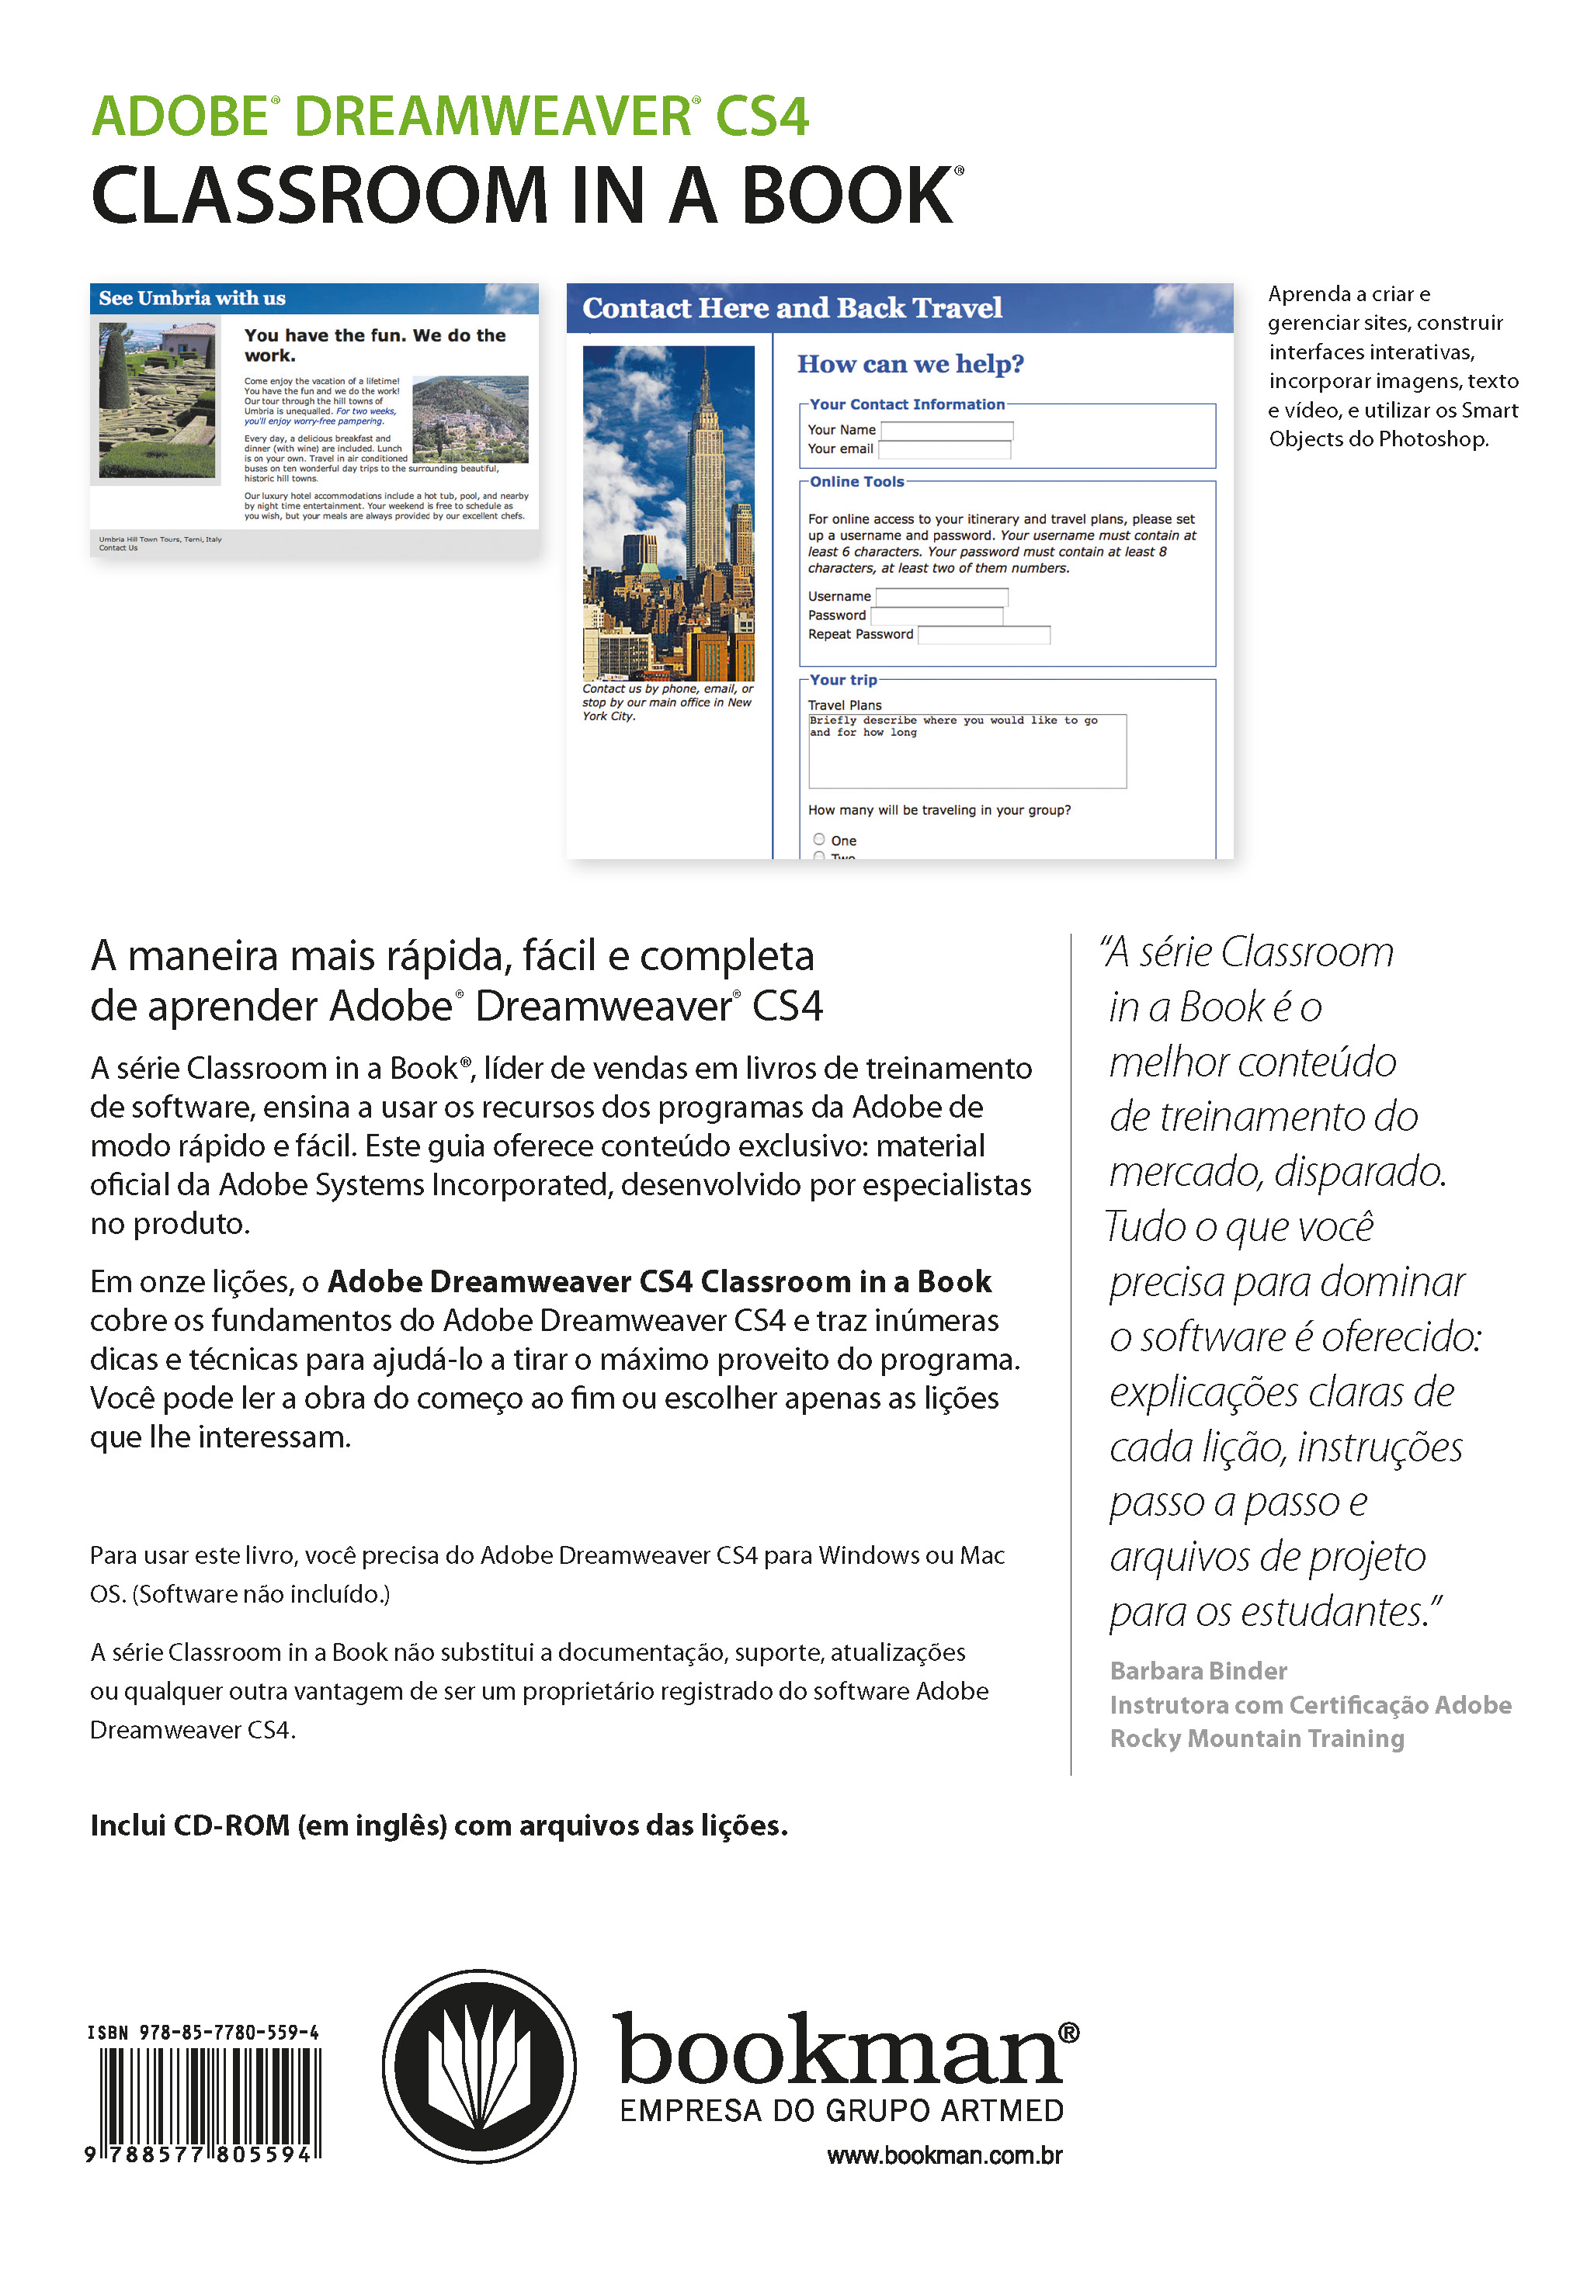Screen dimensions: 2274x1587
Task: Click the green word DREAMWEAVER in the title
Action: tap(491, 117)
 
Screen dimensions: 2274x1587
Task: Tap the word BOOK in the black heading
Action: tap(847, 196)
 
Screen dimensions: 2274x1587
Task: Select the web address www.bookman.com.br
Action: tap(944, 2155)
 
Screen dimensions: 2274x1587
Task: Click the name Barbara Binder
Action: tap(1198, 1671)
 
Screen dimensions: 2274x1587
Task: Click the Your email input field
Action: tap(944, 449)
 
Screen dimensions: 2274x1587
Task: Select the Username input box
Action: tap(941, 596)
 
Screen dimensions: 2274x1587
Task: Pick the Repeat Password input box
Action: tap(984, 635)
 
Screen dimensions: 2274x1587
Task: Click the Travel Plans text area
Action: tap(967, 750)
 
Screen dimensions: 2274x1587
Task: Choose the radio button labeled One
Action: tap(819, 839)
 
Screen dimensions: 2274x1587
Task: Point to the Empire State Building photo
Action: tap(668, 512)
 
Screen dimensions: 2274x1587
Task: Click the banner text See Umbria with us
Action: tap(193, 298)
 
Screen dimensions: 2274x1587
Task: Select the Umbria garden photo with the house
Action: tap(157, 400)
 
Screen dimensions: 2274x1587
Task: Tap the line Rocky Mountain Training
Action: tap(1256, 1738)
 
